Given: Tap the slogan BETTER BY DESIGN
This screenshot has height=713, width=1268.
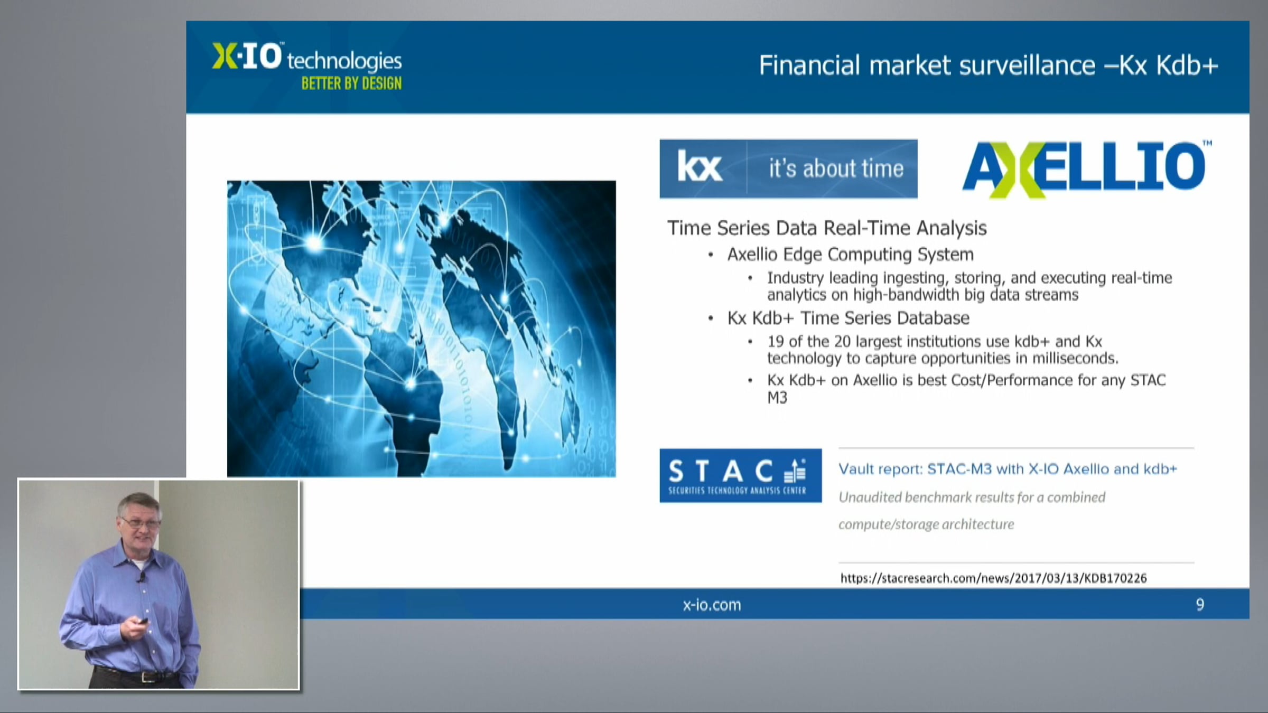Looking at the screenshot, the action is [x=351, y=83].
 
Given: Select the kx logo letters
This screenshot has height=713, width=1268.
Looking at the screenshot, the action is [x=700, y=167].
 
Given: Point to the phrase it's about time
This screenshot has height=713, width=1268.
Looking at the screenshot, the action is [x=836, y=168].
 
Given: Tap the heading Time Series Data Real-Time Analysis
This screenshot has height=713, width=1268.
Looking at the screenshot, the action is [x=827, y=228].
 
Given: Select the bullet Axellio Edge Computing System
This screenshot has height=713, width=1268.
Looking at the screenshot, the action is [x=850, y=255].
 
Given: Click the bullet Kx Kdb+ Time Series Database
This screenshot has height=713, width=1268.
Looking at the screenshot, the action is [x=848, y=318].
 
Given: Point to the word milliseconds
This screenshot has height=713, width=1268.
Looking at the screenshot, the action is [x=1075, y=359].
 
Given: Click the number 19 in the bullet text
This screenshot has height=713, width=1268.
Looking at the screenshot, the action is [x=776, y=342].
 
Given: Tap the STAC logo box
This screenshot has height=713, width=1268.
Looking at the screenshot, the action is [x=740, y=475].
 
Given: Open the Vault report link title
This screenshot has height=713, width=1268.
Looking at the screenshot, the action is [x=1008, y=469].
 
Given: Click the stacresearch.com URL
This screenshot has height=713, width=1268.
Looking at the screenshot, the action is [x=993, y=578].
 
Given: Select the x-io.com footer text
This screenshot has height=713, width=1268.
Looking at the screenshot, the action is [x=712, y=605].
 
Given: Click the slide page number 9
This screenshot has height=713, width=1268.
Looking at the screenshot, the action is [x=1200, y=605].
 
